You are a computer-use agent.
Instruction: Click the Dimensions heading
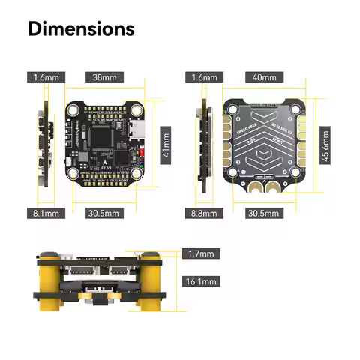click(x=81, y=29)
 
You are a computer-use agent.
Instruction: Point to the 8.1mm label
click(x=46, y=213)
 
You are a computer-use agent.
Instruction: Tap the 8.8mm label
click(x=204, y=213)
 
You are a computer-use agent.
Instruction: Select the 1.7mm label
click(x=200, y=254)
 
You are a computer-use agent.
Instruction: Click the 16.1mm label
click(x=200, y=282)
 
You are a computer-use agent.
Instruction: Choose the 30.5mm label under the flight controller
click(x=103, y=213)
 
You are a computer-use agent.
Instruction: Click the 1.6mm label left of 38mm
click(x=46, y=76)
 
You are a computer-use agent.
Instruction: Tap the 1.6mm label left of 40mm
click(x=204, y=76)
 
